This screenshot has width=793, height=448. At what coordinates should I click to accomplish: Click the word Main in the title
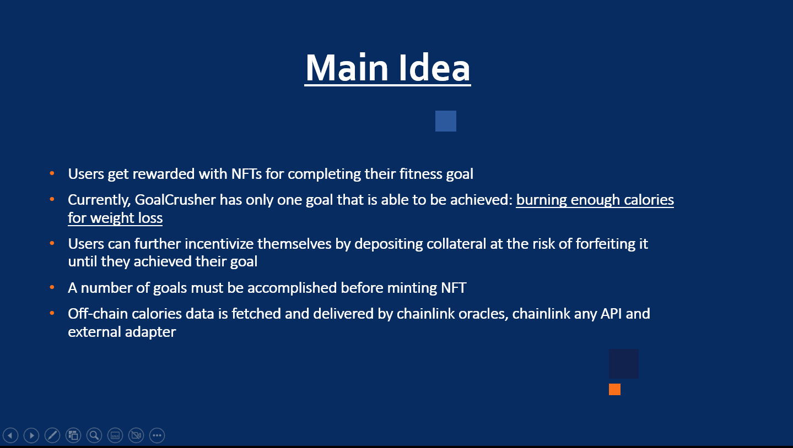(x=347, y=67)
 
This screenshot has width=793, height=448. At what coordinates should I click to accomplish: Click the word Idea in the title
(x=434, y=67)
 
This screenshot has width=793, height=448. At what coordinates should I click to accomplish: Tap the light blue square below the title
(x=446, y=121)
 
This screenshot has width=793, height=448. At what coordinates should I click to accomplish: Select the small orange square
(x=614, y=389)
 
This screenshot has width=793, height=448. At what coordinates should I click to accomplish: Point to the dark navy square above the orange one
(x=624, y=364)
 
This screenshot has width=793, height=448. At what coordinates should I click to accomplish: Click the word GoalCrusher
(x=175, y=200)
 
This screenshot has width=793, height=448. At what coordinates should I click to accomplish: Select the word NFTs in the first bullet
(x=246, y=174)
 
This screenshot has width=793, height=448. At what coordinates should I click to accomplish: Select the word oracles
(x=484, y=314)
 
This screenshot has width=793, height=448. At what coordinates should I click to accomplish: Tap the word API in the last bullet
(x=611, y=314)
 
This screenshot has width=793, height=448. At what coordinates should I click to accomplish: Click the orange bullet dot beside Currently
(x=52, y=199)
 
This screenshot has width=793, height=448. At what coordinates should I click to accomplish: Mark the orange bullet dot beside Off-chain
(x=52, y=313)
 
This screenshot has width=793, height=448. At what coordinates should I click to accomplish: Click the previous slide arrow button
(x=10, y=435)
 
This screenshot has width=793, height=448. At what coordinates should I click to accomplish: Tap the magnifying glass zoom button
(x=94, y=435)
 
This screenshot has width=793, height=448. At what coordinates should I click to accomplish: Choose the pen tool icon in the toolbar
(x=52, y=435)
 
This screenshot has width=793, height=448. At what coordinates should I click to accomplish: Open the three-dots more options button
(x=157, y=435)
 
